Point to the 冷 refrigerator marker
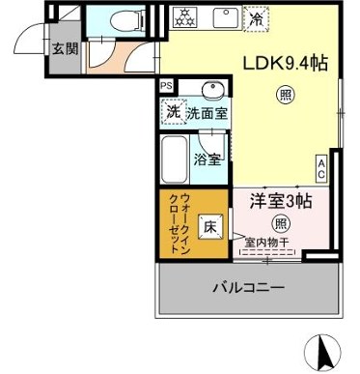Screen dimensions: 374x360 pos(257,17)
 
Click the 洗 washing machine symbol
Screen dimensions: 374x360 pos(173,113)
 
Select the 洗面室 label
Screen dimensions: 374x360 pos(207,113)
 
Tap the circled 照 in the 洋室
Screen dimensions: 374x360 pos(280,223)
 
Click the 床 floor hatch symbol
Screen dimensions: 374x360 pos(210,228)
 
